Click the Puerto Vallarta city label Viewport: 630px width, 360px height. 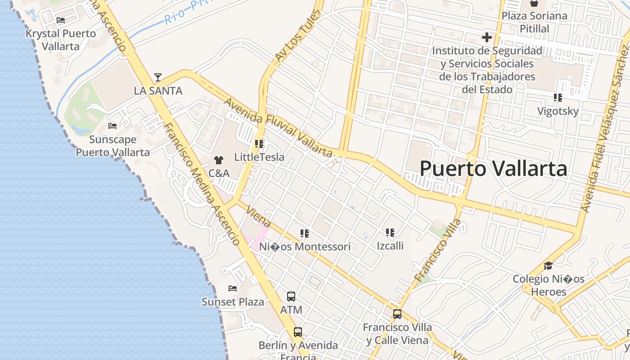pyautogui.click(x=493, y=169)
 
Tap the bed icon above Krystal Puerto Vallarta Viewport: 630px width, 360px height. pyautogui.click(x=61, y=20)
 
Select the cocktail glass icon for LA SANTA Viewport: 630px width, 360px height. pyautogui.click(x=158, y=77)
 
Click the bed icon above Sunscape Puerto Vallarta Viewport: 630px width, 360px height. pyautogui.click(x=112, y=126)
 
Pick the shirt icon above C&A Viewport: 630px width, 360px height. pyautogui.click(x=219, y=160)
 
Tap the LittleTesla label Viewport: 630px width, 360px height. pyautogui.click(x=259, y=157)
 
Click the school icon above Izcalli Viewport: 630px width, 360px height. pyautogui.click(x=390, y=233)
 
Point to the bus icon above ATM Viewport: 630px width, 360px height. pyautogui.click(x=291, y=297)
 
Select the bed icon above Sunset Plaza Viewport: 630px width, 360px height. pyautogui.click(x=233, y=288)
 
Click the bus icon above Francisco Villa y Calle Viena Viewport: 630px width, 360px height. pyautogui.click(x=397, y=314)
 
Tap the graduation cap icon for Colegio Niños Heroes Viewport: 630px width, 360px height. pyautogui.click(x=548, y=266)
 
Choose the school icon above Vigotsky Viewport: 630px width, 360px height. pyautogui.click(x=558, y=98)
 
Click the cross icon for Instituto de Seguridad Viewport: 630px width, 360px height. pyautogui.click(x=487, y=37)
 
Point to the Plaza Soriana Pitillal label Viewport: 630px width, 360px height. pyautogui.click(x=535, y=22)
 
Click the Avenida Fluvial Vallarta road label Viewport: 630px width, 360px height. pyautogui.click(x=279, y=128)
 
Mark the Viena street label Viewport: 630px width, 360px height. pyautogui.click(x=259, y=218)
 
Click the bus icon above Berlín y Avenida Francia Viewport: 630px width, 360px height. pyautogui.click(x=298, y=332)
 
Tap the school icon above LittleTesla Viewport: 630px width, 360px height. pyautogui.click(x=259, y=144)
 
